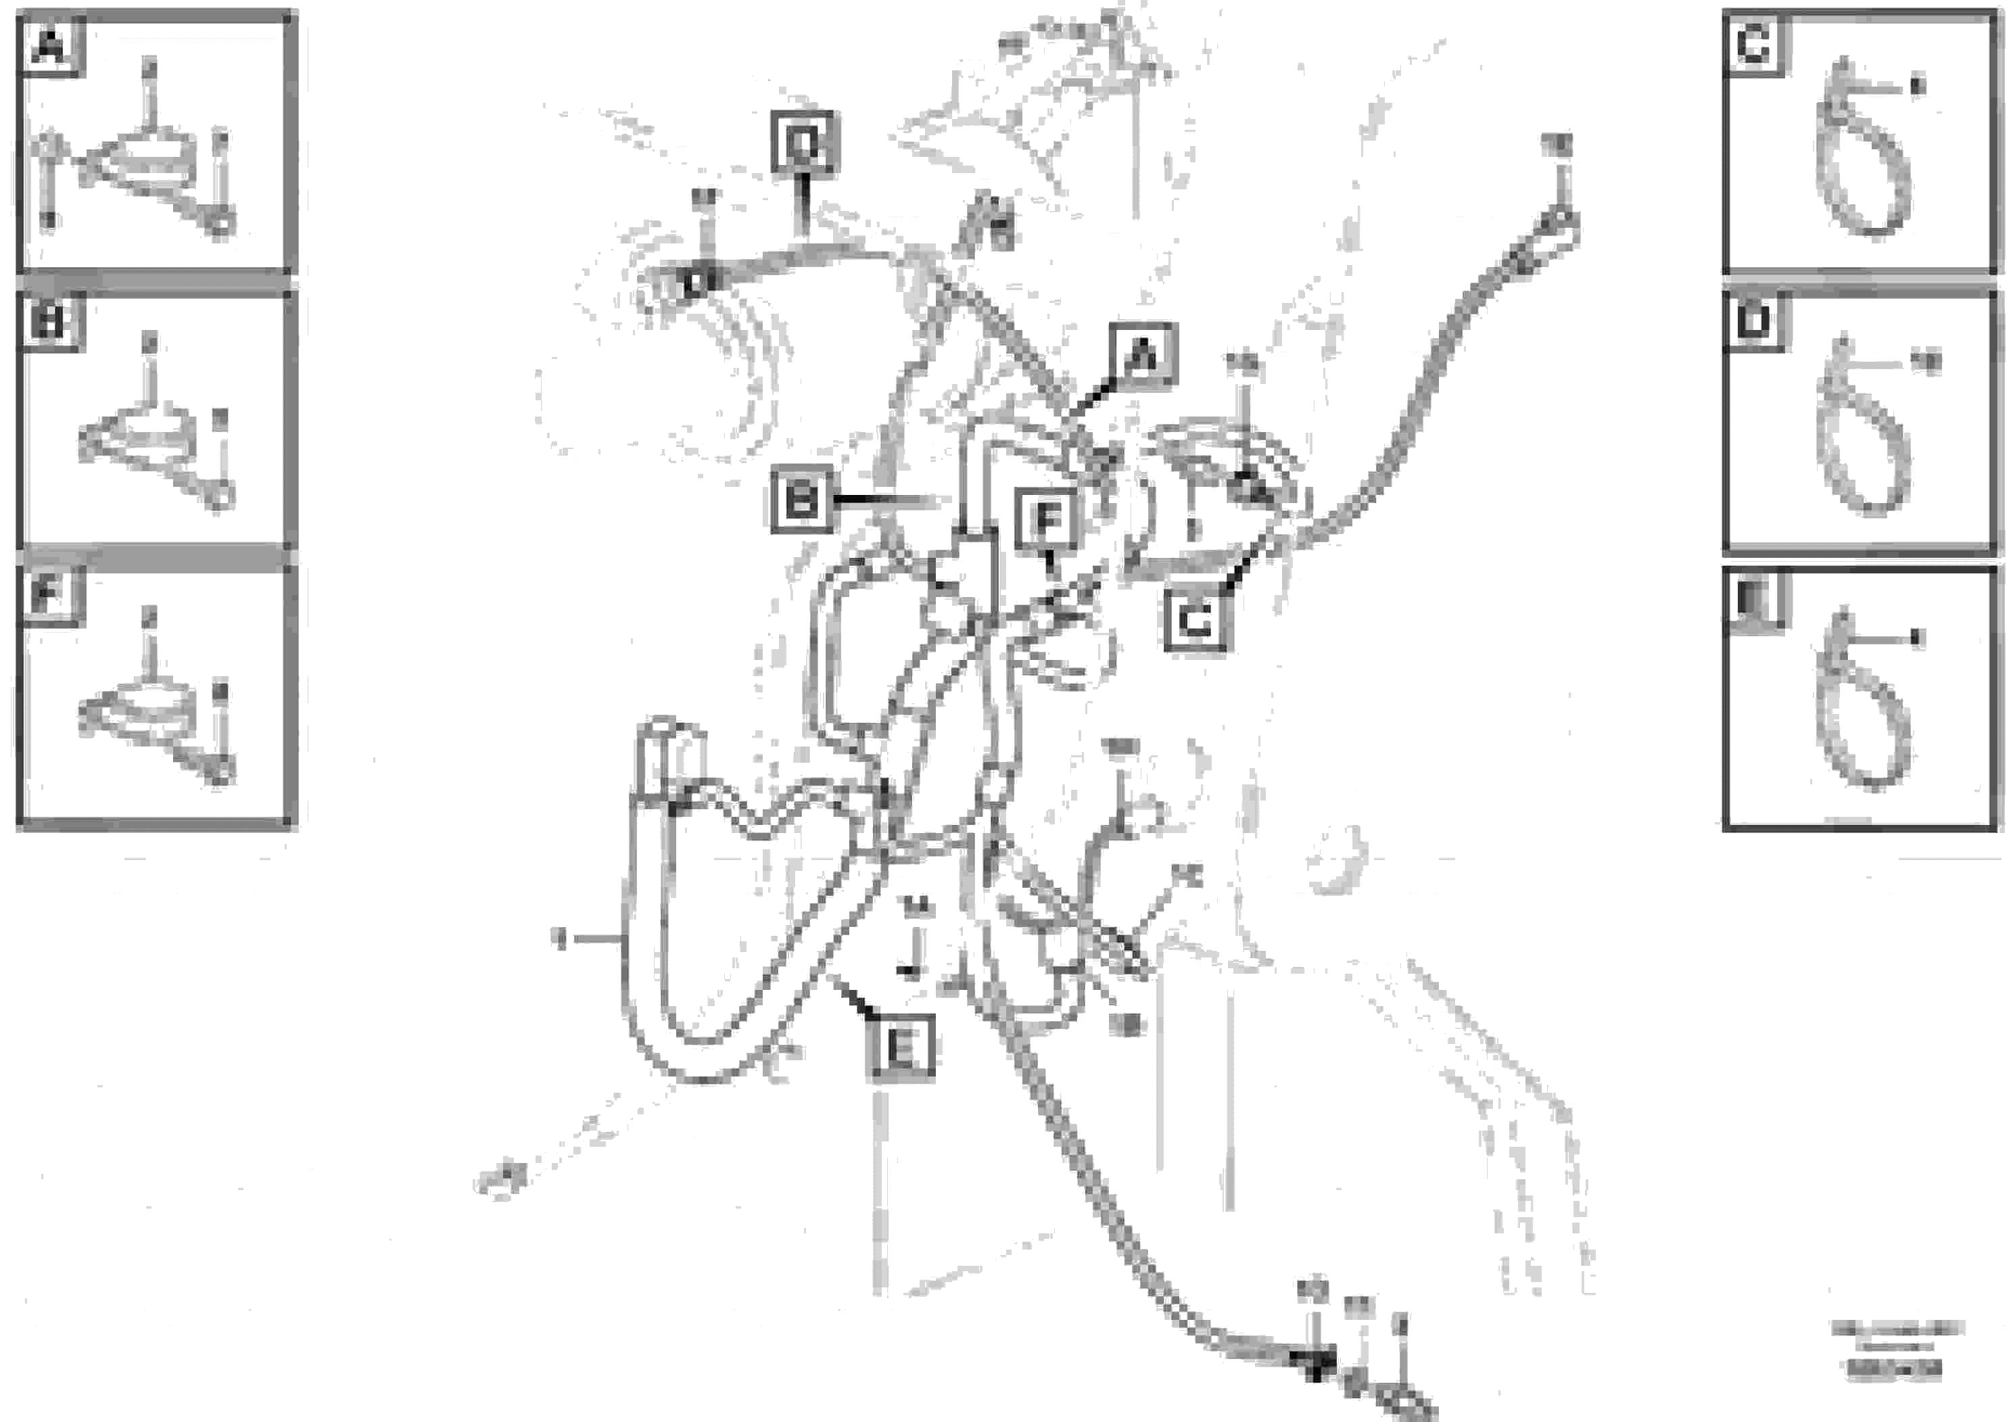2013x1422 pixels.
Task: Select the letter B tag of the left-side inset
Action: (x=49, y=323)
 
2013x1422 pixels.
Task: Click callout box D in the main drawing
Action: (x=803, y=142)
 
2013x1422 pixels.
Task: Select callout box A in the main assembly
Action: (x=1141, y=354)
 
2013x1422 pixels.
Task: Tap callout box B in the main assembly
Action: (x=801, y=500)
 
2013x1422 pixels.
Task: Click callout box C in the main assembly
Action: (x=1196, y=621)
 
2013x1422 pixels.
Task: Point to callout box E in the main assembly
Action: (x=901, y=1046)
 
